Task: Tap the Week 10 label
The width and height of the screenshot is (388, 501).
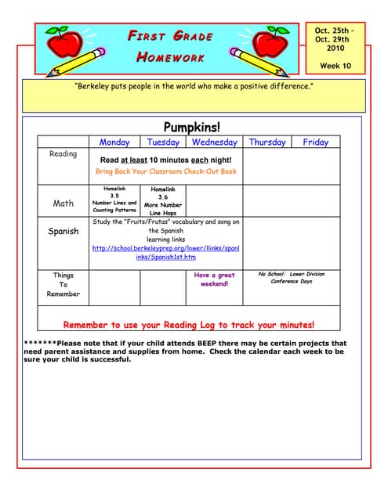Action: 335,66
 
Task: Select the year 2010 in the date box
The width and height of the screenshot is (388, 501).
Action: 335,48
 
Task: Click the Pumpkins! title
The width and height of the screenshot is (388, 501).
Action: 192,127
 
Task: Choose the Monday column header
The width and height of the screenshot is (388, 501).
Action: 114,142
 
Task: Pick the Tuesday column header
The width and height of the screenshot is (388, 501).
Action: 163,142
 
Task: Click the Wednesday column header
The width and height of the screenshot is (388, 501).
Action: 214,142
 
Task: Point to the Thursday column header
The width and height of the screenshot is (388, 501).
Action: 267,142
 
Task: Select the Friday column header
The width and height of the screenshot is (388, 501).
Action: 315,142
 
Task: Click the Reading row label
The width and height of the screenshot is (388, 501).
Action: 63,154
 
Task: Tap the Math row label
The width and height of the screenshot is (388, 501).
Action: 63,204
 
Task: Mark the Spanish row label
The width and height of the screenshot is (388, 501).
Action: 63,232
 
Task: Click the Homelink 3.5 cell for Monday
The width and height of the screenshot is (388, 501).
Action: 114,200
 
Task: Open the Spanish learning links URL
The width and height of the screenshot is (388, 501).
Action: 165,252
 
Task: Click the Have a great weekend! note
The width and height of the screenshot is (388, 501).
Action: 214,279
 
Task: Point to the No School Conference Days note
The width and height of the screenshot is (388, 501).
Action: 291,278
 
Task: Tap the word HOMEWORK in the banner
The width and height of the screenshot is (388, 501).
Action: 170,57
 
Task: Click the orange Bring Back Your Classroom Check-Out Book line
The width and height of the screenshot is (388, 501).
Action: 165,171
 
